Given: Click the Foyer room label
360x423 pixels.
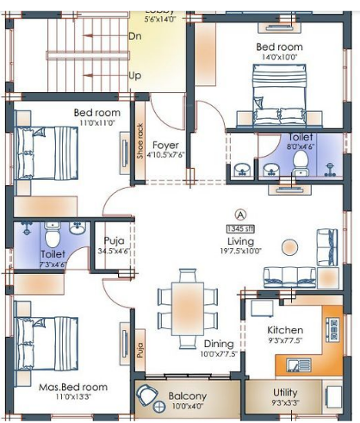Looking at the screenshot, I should tap(165, 145).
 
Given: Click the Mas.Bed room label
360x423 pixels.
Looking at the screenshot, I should tap(73, 387).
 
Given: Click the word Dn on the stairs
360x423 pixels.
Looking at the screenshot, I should tap(135, 37).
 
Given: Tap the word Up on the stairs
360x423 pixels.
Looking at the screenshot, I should tap(134, 76).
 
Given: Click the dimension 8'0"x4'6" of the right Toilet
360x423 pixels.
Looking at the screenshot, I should tap(301, 147).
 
